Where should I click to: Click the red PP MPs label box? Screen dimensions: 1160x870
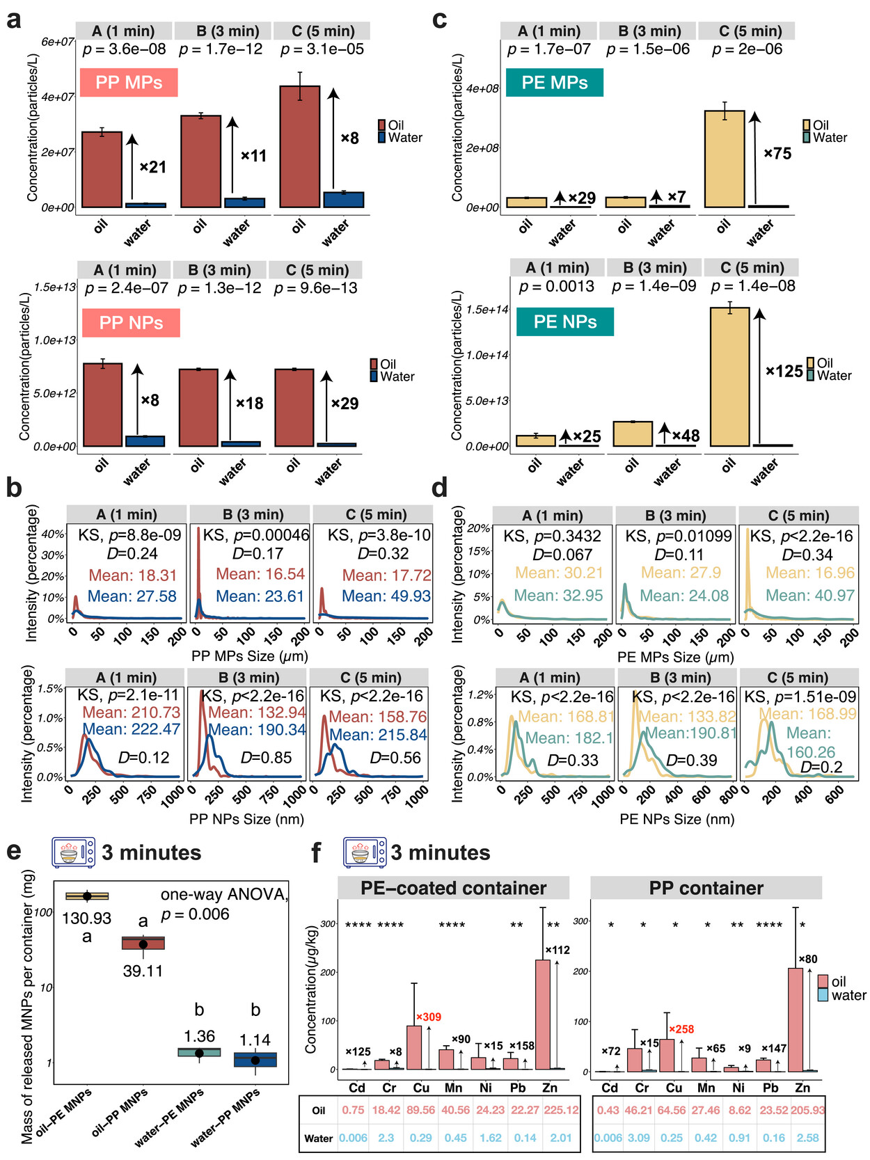coord(129,82)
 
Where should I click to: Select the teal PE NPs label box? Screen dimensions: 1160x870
coord(565,321)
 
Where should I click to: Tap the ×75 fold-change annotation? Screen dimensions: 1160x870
coord(777,154)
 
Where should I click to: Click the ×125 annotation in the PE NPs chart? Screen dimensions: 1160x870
coord(784,371)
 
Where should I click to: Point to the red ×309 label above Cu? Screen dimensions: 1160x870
coord(428,1017)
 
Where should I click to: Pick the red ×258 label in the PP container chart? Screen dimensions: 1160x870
coord(681,1029)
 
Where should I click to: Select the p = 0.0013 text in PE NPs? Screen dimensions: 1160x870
coord(556,287)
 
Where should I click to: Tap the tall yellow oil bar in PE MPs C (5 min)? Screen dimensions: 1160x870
coord(725,159)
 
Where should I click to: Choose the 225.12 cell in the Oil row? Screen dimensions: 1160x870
coord(561,1110)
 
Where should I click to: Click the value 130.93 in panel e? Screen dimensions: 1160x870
coord(87,919)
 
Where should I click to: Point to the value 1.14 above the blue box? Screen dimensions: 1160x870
coord(255,1040)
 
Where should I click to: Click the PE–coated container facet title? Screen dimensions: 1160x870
coord(453,888)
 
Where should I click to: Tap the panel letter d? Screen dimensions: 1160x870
coord(439,488)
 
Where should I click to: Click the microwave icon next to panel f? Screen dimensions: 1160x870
coord(365,852)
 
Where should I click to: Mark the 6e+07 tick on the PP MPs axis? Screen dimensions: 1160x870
coord(58,42)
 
